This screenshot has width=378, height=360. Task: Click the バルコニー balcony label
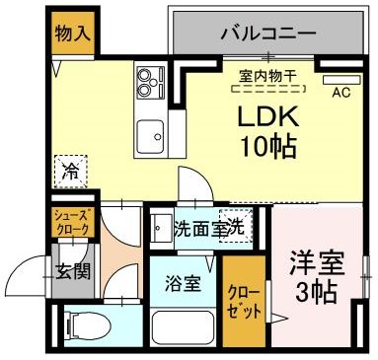click(x=268, y=33)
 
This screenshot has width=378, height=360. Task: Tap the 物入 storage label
click(x=73, y=33)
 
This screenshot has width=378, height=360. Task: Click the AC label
click(x=341, y=94)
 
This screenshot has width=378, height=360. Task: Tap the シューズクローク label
click(x=72, y=222)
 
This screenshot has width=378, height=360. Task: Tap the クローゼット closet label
click(x=242, y=302)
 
